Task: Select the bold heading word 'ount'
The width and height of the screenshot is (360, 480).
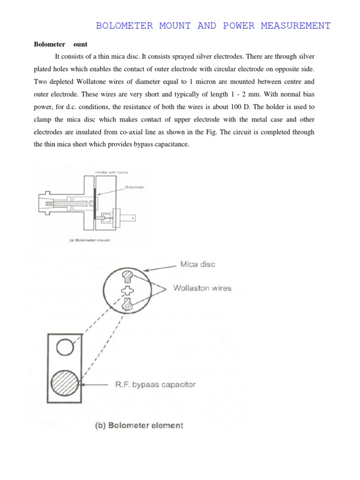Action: pos(80,45)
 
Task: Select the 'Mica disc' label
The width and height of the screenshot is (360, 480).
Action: pos(198,264)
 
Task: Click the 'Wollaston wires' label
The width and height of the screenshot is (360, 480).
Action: pos(202,288)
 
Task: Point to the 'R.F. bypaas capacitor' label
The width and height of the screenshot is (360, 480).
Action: pos(155,385)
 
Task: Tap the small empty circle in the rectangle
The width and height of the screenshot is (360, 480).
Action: pos(64,347)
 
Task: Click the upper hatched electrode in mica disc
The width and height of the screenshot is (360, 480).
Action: pos(127,276)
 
